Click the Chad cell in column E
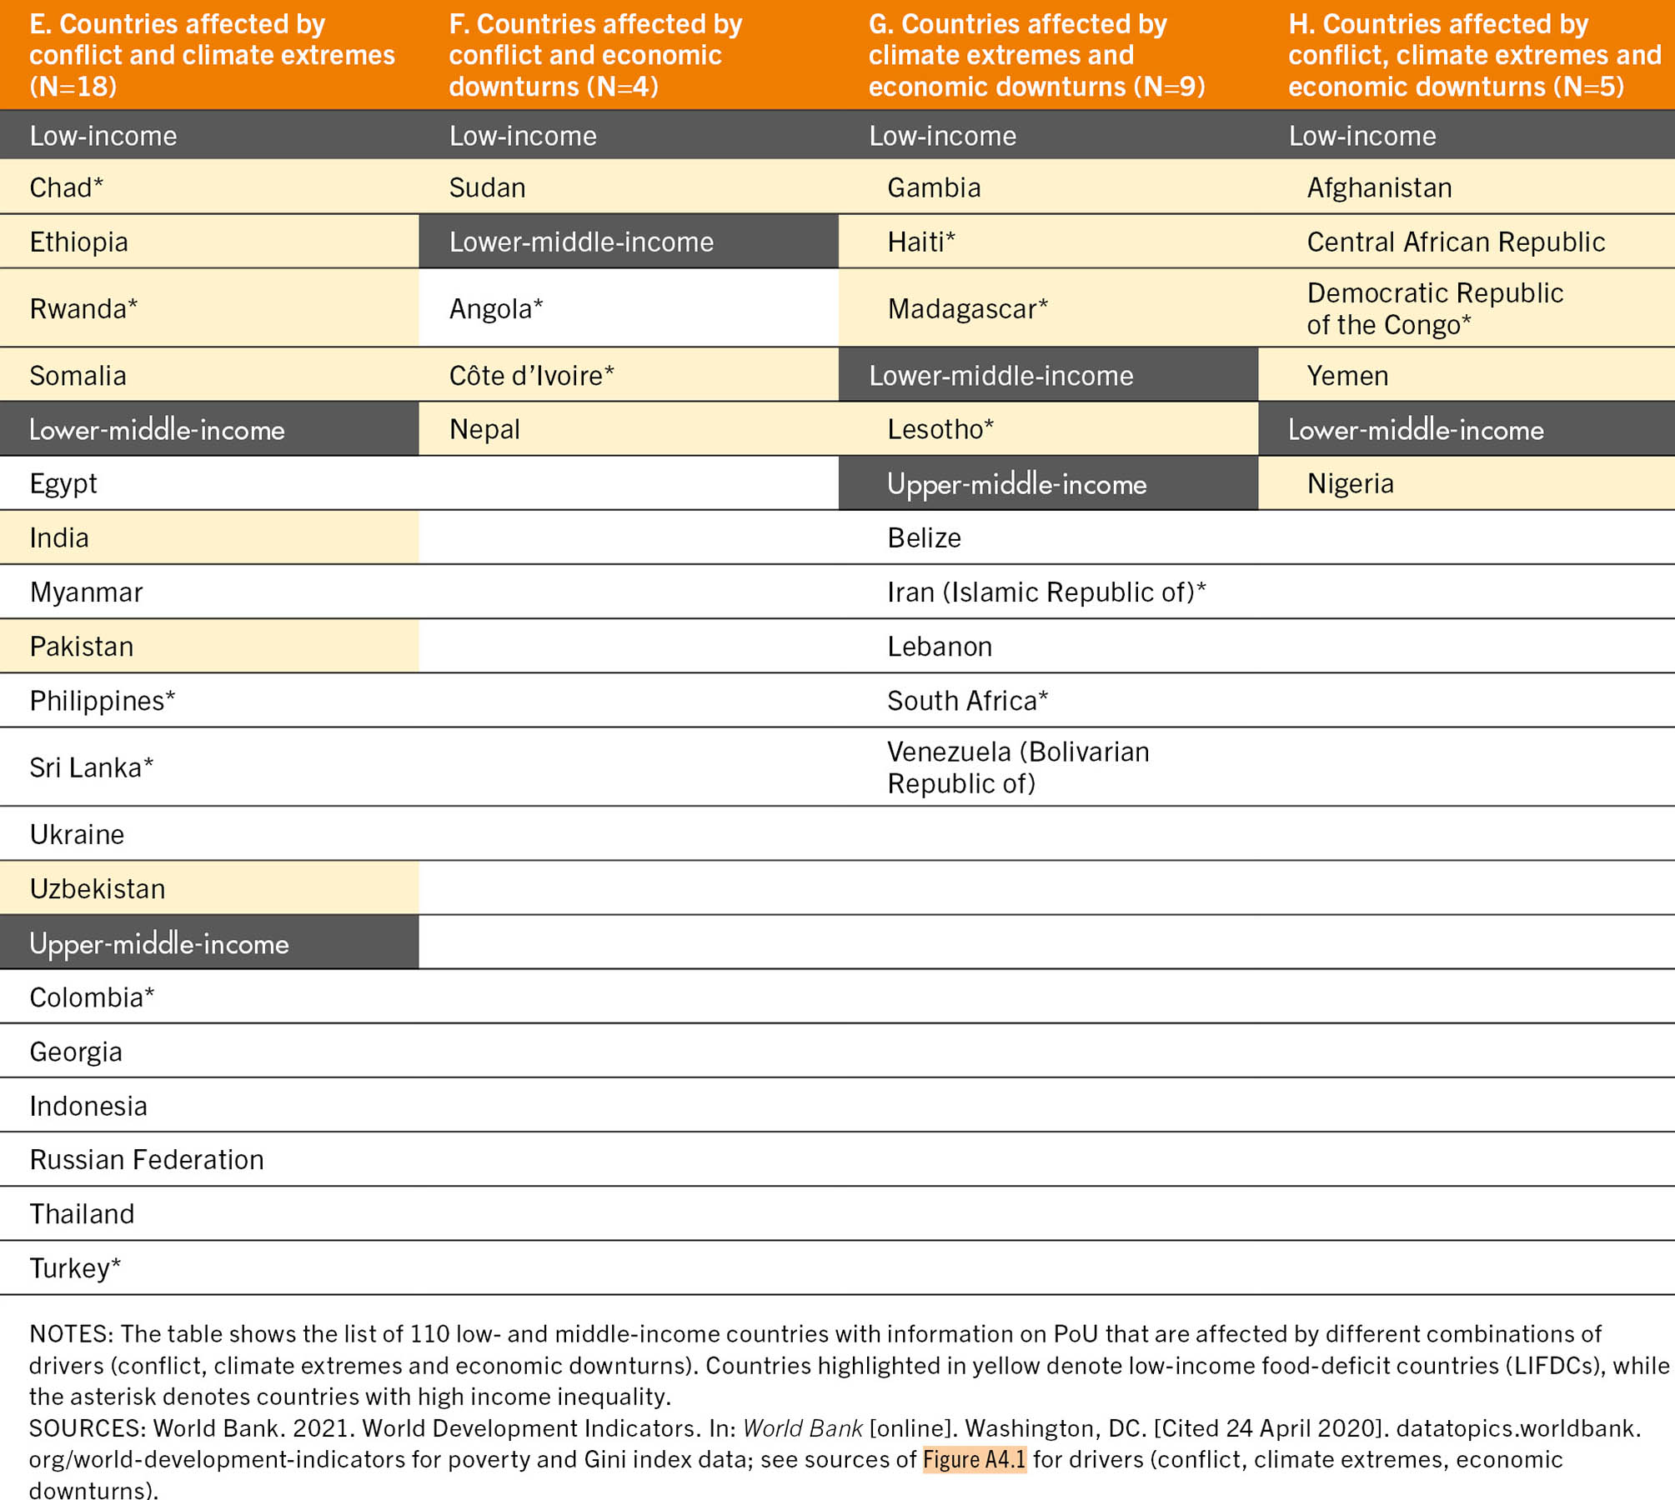(x=66, y=187)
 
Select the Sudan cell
(x=488, y=187)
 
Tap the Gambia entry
(x=934, y=187)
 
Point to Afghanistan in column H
(x=1379, y=187)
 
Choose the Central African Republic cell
(x=1456, y=242)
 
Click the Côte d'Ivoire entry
(x=531, y=376)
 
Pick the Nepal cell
(x=484, y=429)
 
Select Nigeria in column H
(x=1350, y=483)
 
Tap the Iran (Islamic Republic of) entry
(x=1046, y=592)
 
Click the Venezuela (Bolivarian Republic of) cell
(x=1017, y=767)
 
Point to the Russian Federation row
(x=147, y=1159)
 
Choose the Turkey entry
(x=75, y=1268)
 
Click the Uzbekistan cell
(x=98, y=889)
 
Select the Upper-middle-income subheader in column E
(x=159, y=943)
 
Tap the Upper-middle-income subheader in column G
(x=1016, y=484)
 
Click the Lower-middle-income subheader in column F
(x=581, y=242)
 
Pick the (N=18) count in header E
(x=73, y=87)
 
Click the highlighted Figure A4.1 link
(x=974, y=1459)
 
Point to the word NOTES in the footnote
(x=69, y=1334)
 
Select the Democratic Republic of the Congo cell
(x=1434, y=308)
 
